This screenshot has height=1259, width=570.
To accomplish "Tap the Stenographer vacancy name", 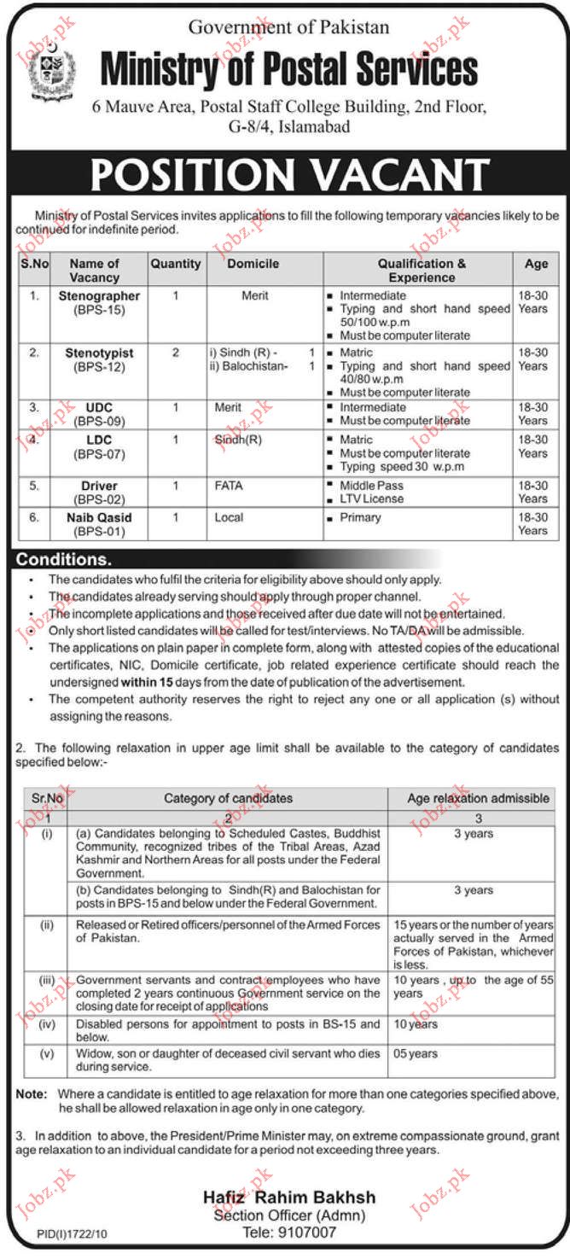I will tap(100, 295).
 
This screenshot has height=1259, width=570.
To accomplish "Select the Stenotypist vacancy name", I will tap(100, 352).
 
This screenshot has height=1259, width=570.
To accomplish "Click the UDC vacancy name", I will tap(100, 407).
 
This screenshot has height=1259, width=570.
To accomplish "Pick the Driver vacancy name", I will tap(100, 486).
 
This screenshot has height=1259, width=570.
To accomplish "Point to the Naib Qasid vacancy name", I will tap(100, 517).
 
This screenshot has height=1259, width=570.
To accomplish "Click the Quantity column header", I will tap(176, 264).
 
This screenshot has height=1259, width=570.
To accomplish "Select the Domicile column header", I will tap(253, 264).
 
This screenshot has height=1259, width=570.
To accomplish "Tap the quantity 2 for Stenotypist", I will tap(176, 352).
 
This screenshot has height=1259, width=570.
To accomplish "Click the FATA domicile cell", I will tap(229, 486).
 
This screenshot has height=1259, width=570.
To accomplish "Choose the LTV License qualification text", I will tap(372, 498).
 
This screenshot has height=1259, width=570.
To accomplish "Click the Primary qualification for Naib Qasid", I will tap(361, 517).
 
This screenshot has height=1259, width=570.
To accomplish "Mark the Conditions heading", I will tap(61, 560).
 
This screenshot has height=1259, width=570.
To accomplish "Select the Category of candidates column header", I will tap(228, 798).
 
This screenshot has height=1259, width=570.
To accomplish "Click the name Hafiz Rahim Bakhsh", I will tap(289, 1198).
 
